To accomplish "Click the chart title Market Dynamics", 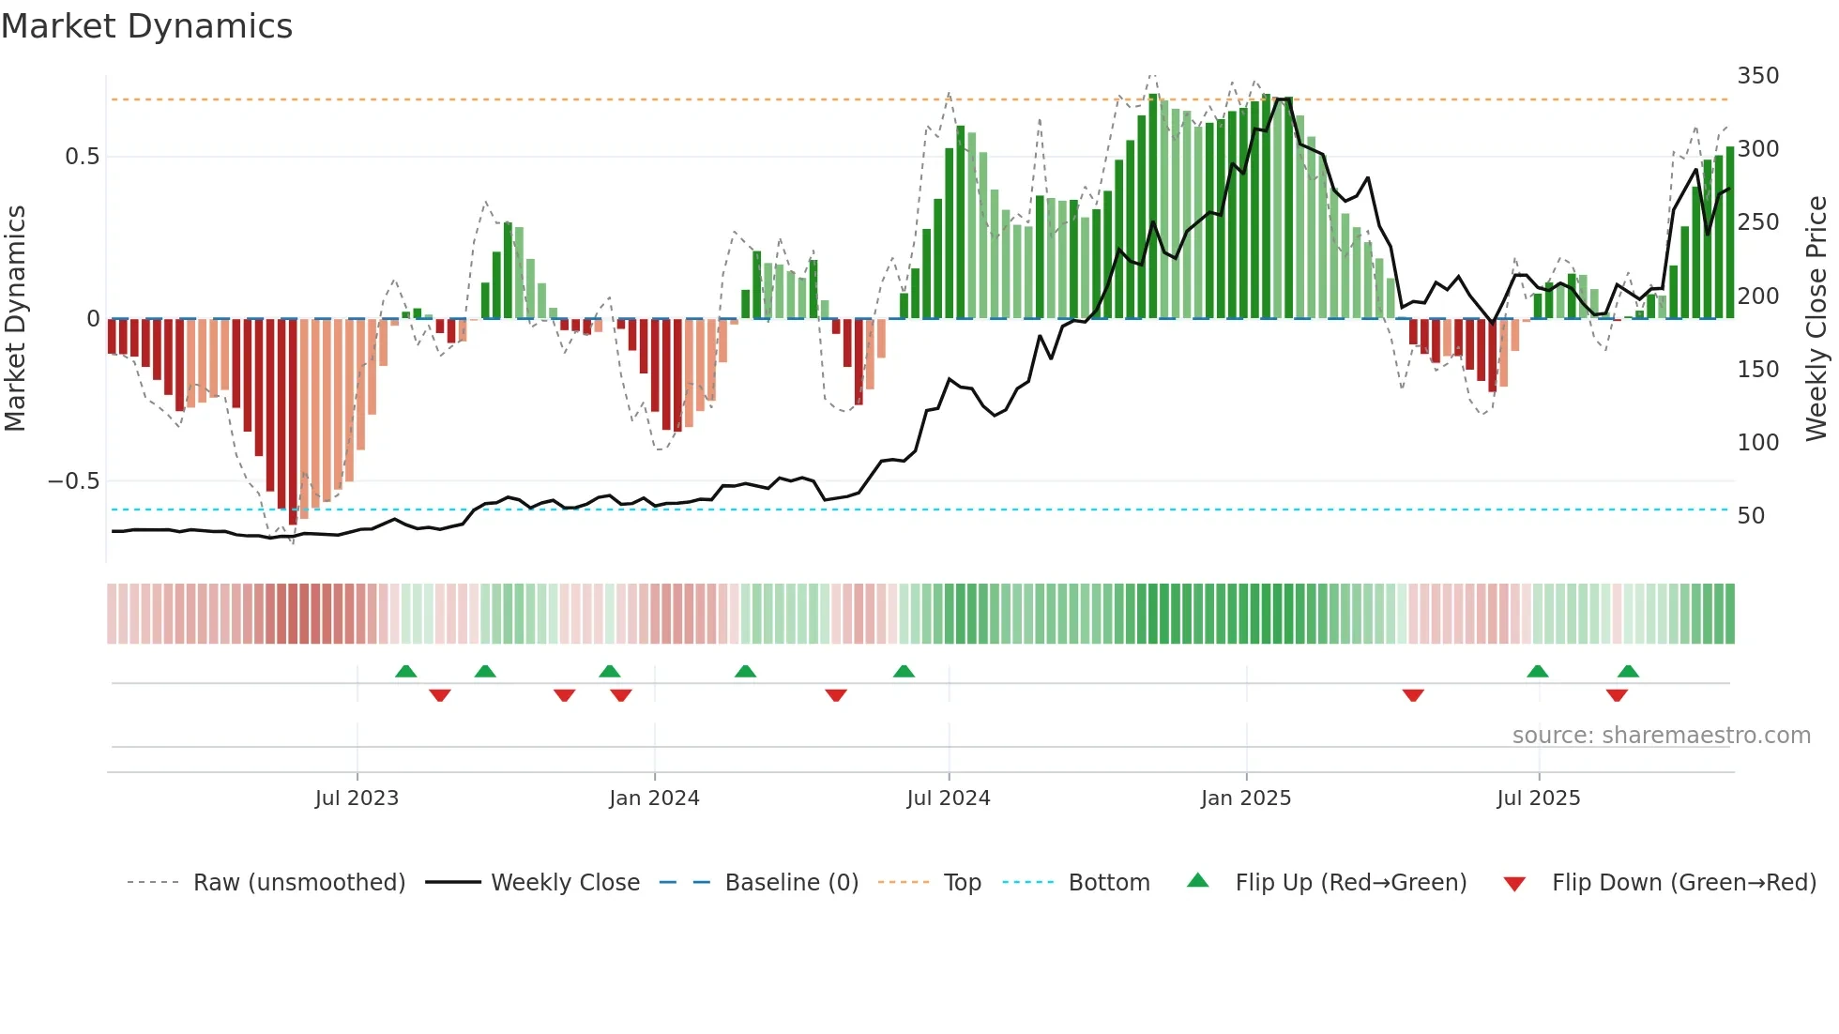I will pos(147,26).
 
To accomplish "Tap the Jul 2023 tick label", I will pos(357,798).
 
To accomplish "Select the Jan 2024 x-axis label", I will pos(654,798).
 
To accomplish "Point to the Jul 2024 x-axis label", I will pos(949,798).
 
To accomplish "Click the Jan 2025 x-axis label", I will pos(1246,798).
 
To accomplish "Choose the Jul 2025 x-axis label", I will pos(1539,798).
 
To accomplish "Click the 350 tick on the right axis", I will pos(1758,76).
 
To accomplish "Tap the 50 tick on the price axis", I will pos(1751,516).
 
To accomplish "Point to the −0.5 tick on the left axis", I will pos(74,481).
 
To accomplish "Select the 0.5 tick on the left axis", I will pos(83,157).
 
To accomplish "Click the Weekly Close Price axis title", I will pos(1817,318).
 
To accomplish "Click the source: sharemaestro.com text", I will pos(1662,736).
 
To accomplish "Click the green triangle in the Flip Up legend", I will pos(1198,880).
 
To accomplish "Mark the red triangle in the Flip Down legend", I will pos(1514,884).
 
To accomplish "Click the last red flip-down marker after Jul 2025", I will pos(1617,695).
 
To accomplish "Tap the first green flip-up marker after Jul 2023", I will pos(405,671).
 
